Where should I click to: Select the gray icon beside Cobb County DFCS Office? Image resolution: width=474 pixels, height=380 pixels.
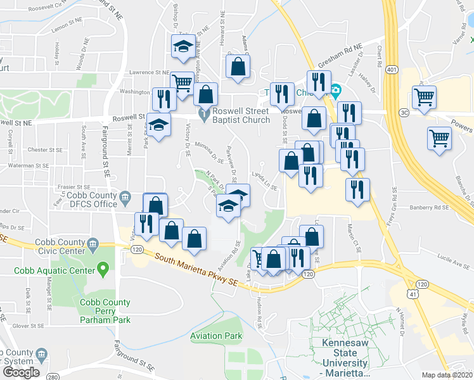(x=125, y=199)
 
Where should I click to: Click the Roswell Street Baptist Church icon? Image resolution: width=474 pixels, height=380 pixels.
(x=203, y=115)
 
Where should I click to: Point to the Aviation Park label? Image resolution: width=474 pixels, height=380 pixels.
(x=216, y=335)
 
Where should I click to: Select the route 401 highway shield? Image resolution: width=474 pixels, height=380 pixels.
(x=391, y=69)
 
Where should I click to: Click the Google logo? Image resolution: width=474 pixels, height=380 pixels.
(x=22, y=372)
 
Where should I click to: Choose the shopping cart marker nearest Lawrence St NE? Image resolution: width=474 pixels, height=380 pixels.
(x=183, y=82)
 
